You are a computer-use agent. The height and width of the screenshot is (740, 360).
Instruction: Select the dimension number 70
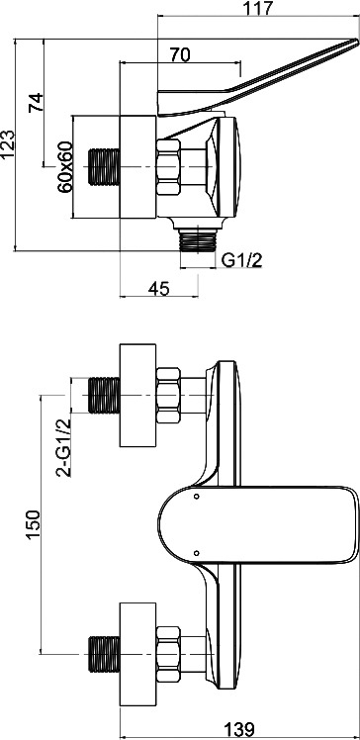pyautogui.click(x=180, y=54)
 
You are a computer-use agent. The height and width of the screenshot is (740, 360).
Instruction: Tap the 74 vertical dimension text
pyautogui.click(x=36, y=102)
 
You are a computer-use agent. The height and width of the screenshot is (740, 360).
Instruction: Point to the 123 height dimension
pyautogui.click(x=8, y=143)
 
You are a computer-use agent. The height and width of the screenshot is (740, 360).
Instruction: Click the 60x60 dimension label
pyautogui.click(x=64, y=166)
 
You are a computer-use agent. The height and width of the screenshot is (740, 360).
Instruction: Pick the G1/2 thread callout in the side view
pyautogui.click(x=242, y=260)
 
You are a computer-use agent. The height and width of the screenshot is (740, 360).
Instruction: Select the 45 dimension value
pyautogui.click(x=158, y=288)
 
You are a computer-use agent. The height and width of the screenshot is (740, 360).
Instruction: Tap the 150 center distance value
pyautogui.click(x=32, y=524)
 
